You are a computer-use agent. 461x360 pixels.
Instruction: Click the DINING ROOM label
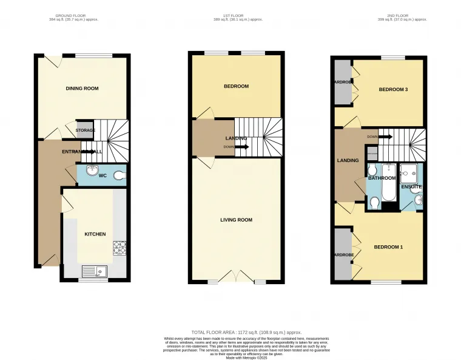pyautogui.click(x=82, y=89)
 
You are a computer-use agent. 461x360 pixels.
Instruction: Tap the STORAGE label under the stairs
pyautogui.click(x=86, y=130)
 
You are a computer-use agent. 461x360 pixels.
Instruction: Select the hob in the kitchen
pyautogui.click(x=119, y=247)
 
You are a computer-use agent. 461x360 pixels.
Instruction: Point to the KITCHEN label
pyautogui.click(x=95, y=234)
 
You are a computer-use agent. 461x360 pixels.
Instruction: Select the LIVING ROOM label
pyautogui.click(x=236, y=220)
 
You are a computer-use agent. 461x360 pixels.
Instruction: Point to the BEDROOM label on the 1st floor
pyautogui.click(x=236, y=86)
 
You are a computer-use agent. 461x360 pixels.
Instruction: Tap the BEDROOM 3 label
pyautogui.click(x=392, y=90)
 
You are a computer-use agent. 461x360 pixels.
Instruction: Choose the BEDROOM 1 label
pyautogui.click(x=388, y=247)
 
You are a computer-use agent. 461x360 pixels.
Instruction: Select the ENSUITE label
pyautogui.click(x=411, y=186)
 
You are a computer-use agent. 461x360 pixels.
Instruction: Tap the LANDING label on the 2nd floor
pyautogui.click(x=348, y=160)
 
